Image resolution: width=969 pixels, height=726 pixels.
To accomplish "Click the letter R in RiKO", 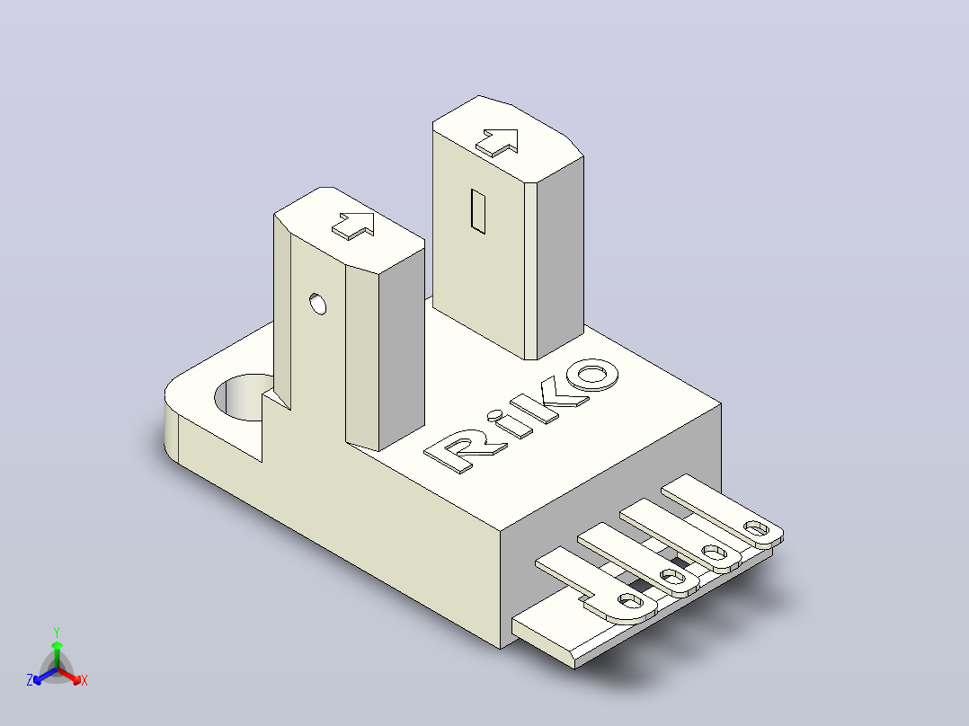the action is [x=458, y=452].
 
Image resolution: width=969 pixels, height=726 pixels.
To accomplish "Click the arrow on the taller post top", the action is [x=497, y=143].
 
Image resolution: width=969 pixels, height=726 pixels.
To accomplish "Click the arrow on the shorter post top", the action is [x=353, y=226].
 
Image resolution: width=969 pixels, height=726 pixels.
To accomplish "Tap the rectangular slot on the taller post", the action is [x=477, y=211].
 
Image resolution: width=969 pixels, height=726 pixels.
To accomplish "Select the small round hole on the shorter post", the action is [x=317, y=304].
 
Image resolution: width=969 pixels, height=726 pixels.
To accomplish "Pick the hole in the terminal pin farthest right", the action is [x=757, y=529].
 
